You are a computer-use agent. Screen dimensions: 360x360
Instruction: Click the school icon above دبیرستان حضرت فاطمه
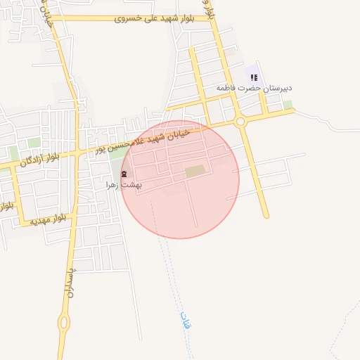coord(254,77)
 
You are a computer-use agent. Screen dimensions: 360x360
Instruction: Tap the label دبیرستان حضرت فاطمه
coord(254,89)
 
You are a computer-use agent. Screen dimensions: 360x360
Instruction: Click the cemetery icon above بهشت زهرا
coord(123,174)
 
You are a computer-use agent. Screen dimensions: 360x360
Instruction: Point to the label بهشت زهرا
coord(124,184)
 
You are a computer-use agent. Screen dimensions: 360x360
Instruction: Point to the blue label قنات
coord(186,321)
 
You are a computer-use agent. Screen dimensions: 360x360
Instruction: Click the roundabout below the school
coord(241,122)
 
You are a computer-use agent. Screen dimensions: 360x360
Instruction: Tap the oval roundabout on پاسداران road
coord(65,323)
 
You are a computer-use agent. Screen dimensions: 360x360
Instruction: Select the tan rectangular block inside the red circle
coord(196,171)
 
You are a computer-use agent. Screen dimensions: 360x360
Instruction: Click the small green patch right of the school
coord(288,105)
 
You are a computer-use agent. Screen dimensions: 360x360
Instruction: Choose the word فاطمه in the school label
coord(225,89)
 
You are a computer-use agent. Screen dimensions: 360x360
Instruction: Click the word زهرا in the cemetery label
coord(113,184)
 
